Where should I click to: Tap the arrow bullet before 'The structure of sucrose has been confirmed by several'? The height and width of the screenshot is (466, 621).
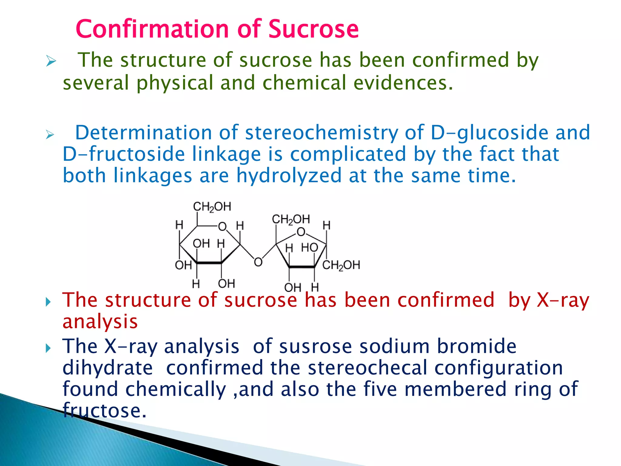[51, 61]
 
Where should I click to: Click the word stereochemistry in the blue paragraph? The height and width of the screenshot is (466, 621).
[321, 133]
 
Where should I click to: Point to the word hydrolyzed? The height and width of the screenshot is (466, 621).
[289, 176]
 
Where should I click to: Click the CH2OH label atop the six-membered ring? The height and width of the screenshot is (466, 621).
[212, 207]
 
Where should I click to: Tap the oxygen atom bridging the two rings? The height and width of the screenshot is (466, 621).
[258, 262]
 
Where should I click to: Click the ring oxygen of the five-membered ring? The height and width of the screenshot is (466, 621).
[300, 232]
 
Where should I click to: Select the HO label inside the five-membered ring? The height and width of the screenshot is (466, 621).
[309, 248]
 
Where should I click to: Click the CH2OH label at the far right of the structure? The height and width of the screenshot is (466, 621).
[341, 265]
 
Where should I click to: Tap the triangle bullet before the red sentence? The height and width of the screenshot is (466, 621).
[48, 302]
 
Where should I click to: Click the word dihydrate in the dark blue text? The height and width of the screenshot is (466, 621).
[108, 368]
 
